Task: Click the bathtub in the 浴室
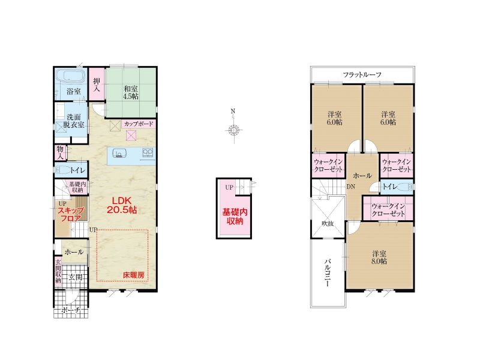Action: pyautogui.click(x=71, y=76)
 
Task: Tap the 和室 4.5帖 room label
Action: pyautogui.click(x=131, y=92)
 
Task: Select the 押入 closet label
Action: pyautogui.click(x=97, y=85)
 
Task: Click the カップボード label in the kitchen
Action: pyautogui.click(x=139, y=124)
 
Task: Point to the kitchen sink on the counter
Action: pyautogui.click(x=119, y=152)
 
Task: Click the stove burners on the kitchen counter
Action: pyautogui.click(x=148, y=153)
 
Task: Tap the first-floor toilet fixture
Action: pyautogui.click(x=62, y=170)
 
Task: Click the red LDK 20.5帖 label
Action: pyautogui.click(x=122, y=205)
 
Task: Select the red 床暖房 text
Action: pyautogui.click(x=133, y=275)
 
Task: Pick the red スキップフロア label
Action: pyautogui.click(x=70, y=214)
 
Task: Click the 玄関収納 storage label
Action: pyautogui.click(x=58, y=272)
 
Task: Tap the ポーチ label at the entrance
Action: pyautogui.click(x=71, y=310)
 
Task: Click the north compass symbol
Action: pyautogui.click(x=233, y=130)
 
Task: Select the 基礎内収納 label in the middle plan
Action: pyautogui.click(x=235, y=217)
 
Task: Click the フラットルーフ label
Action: pyautogui.click(x=362, y=74)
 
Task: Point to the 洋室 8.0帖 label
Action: pyautogui.click(x=379, y=257)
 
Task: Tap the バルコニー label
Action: pyautogui.click(x=328, y=272)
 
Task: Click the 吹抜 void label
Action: pyautogui.click(x=328, y=223)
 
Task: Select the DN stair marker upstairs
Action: pyautogui.click(x=351, y=187)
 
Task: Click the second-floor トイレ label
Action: pyautogui.click(x=391, y=187)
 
